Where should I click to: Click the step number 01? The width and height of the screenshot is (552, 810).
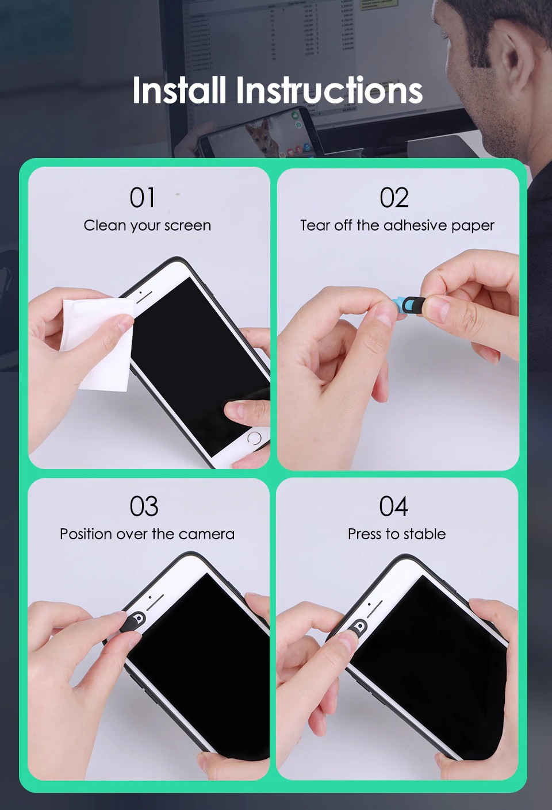click(142, 197)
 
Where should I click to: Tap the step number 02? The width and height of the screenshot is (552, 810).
click(394, 197)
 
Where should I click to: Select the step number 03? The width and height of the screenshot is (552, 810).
click(144, 506)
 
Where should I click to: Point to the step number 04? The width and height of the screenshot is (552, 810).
click(393, 506)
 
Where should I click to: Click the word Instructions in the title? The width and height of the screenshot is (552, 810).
click(329, 90)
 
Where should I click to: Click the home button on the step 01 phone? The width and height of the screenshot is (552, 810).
click(254, 438)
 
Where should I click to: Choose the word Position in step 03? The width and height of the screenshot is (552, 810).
click(86, 534)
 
